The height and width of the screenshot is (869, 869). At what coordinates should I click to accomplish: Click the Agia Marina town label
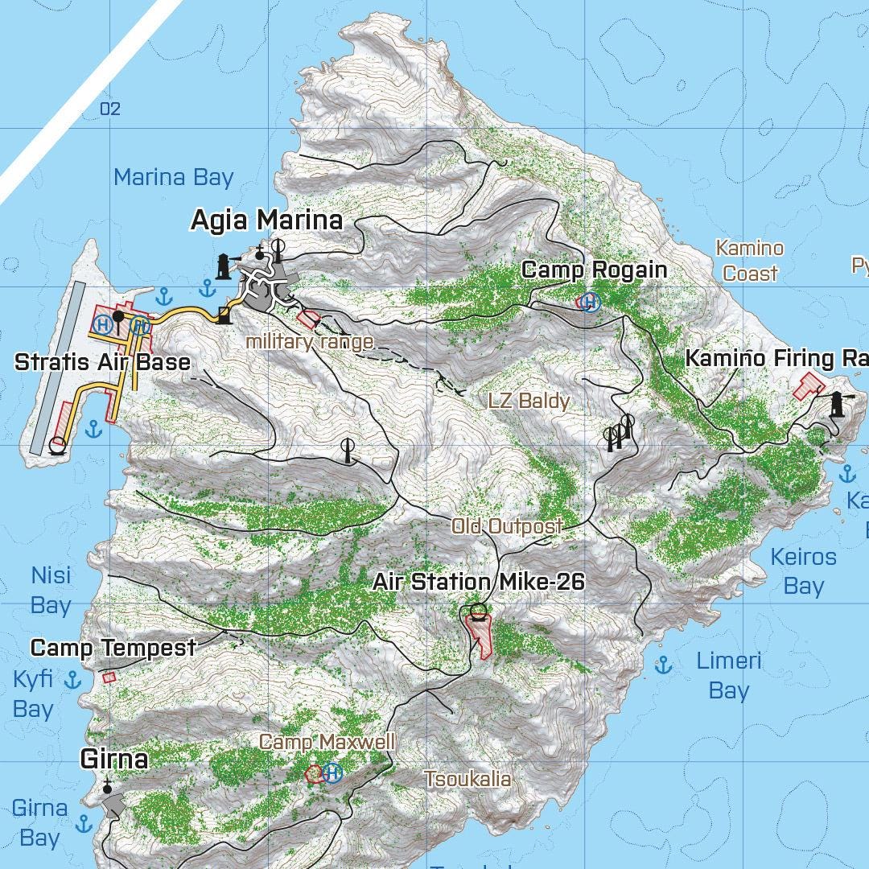[266, 220]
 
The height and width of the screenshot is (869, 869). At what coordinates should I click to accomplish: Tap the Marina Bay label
[173, 178]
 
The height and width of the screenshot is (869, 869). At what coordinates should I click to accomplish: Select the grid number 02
[110, 109]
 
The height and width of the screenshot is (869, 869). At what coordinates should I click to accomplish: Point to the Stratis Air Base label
[102, 361]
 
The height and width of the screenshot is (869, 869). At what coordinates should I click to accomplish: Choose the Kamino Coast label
[750, 261]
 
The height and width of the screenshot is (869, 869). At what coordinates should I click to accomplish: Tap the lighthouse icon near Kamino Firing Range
[837, 404]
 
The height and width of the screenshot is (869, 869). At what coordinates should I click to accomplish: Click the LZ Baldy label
[529, 401]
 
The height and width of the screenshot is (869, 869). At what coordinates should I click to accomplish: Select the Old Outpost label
[507, 526]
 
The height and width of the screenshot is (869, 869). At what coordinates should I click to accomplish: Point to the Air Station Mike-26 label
[478, 582]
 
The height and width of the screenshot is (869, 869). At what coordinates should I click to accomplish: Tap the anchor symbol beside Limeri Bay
[663, 665]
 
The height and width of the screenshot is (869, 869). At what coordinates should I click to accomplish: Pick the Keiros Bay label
[803, 571]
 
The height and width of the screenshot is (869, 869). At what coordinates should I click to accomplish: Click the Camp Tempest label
[113, 648]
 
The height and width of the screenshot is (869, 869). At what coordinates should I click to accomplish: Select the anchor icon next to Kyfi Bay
[73, 681]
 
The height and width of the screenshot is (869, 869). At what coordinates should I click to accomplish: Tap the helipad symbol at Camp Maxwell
[332, 773]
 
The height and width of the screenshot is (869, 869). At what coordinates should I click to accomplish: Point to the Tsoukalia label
[467, 779]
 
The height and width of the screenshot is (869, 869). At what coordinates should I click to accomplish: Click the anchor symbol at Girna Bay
[84, 823]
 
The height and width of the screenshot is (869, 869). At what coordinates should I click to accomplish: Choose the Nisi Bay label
[51, 591]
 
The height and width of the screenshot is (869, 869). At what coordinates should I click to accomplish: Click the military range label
[309, 342]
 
